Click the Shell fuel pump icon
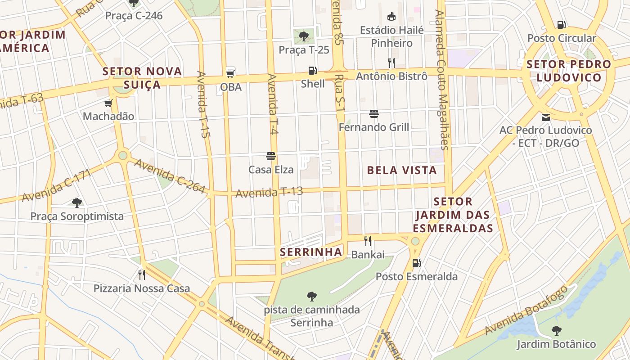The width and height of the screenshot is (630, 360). (312, 71)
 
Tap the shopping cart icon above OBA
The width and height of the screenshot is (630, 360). (230, 72)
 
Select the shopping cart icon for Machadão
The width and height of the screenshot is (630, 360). (108, 103)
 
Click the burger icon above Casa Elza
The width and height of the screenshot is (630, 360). (271, 156)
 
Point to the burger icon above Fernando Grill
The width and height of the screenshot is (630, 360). (374, 114)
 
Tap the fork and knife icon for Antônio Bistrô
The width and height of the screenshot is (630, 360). (391, 63)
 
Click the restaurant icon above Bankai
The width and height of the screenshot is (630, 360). (368, 241)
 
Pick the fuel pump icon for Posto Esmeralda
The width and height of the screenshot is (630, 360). (417, 263)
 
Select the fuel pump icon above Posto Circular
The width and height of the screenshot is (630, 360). (562, 25)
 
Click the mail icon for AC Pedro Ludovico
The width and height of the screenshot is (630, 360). (546, 117)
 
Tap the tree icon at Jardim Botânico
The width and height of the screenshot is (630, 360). (557, 331)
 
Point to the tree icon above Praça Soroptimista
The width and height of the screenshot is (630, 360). (77, 202)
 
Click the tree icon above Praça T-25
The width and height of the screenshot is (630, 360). (304, 36)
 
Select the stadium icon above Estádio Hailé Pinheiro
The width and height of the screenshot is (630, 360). (391, 17)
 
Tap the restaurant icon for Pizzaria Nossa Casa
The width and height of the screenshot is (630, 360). (142, 274)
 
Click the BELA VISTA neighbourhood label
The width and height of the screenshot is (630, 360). (402, 170)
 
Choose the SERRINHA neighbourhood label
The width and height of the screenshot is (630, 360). (311, 252)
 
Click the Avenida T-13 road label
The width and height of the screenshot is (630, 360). (269, 192)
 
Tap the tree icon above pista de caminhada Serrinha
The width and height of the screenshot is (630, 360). (311, 296)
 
